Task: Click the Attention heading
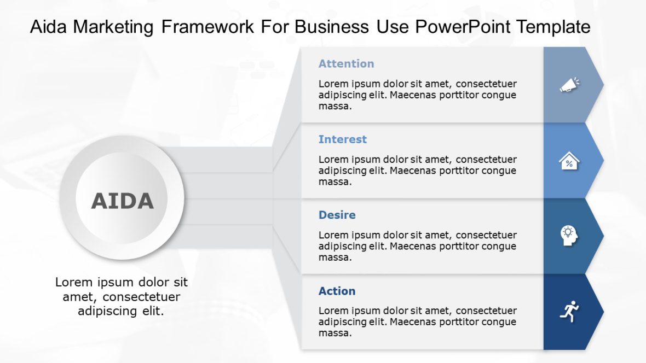pyautogui.click(x=346, y=64)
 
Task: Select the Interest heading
pyautogui.click(x=343, y=139)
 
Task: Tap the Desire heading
pyautogui.click(x=337, y=215)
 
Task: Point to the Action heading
pyautogui.click(x=337, y=291)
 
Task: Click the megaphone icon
pyautogui.click(x=569, y=85)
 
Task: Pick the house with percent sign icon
pyautogui.click(x=569, y=161)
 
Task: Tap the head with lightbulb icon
pyautogui.click(x=569, y=236)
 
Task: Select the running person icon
pyautogui.click(x=569, y=311)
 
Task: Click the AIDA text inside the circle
pyautogui.click(x=122, y=201)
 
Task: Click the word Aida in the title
pyautogui.click(x=48, y=27)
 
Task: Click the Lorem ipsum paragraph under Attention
pyautogui.click(x=417, y=95)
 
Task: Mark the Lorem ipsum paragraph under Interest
pyautogui.click(x=417, y=171)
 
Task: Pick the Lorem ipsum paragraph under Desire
pyautogui.click(x=417, y=246)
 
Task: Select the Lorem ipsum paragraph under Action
pyautogui.click(x=417, y=321)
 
